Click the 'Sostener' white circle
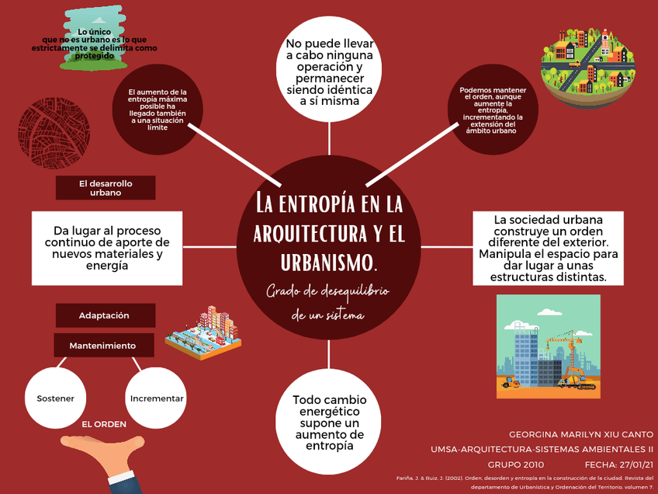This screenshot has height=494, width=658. click(56, 398)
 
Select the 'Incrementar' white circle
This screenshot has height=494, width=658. click(157, 398)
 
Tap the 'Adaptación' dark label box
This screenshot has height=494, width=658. click(104, 316)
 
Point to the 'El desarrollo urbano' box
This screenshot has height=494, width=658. click(106, 188)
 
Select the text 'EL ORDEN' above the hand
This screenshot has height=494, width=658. click(104, 425)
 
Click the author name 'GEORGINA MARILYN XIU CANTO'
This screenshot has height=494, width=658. click(581, 433)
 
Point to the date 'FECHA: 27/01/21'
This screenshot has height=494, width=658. click(618, 464)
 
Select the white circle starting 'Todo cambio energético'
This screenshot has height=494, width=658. click(329, 423)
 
